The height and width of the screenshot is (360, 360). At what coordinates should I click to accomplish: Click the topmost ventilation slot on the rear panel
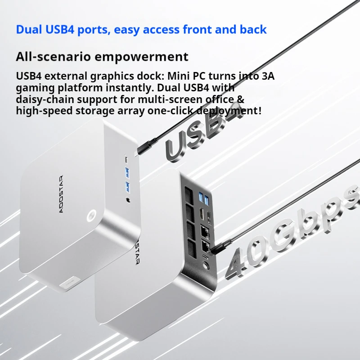coord(187,194)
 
